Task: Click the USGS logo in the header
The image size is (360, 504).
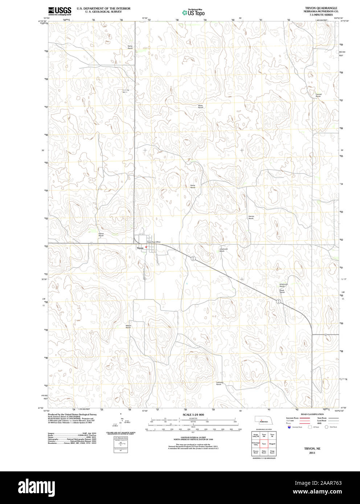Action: tap(60, 11)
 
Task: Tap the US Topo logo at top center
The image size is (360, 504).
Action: tap(193, 12)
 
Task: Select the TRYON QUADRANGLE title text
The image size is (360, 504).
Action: tap(321, 8)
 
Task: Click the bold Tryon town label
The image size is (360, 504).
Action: tap(140, 248)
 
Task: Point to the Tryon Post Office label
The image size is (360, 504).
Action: tap(154, 242)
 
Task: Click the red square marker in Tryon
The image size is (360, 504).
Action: tap(146, 247)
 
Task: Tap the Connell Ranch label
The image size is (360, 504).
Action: tap(318, 95)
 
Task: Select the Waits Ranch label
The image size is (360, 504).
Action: tap(200, 106)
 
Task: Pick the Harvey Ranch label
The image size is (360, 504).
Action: tap(251, 217)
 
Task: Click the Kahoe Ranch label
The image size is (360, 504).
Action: tap(101, 235)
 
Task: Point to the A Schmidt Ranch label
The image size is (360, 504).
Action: tap(223, 250)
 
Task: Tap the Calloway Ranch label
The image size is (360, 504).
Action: tap(220, 383)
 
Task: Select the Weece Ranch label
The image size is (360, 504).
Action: tap(128, 326)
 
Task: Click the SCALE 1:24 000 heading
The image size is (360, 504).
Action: tap(193, 414)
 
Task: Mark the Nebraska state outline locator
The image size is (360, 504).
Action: tap(264, 420)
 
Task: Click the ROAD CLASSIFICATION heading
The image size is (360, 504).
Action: tap(312, 414)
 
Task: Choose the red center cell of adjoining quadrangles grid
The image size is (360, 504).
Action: tap(264, 443)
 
